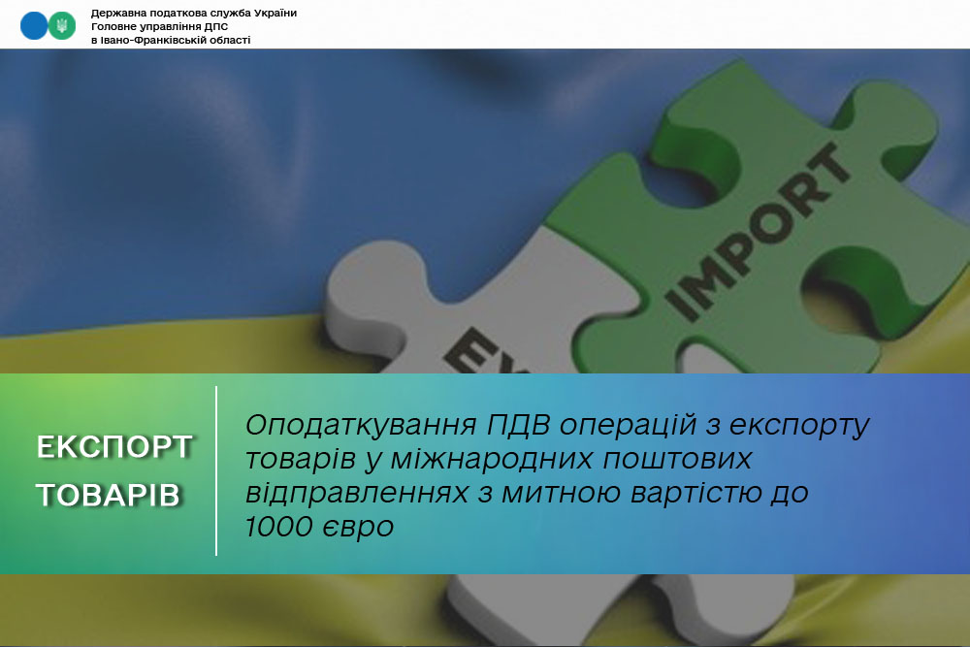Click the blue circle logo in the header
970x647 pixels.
(x=34, y=26)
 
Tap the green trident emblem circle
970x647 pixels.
(x=62, y=26)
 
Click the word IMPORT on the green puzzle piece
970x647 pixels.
(x=747, y=234)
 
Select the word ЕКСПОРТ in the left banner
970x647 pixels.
(x=114, y=447)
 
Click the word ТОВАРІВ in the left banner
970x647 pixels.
(x=108, y=496)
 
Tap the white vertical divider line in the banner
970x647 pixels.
(x=216, y=470)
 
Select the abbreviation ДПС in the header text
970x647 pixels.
(x=213, y=27)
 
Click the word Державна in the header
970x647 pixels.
(x=116, y=14)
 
